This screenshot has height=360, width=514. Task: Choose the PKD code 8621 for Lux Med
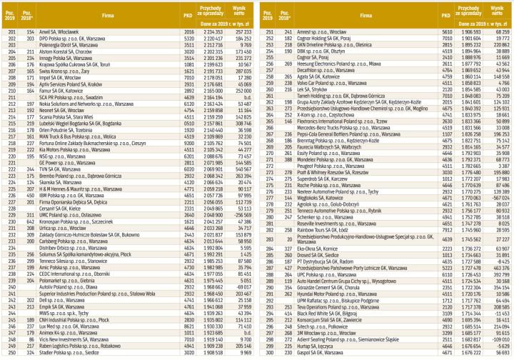tap(188, 326)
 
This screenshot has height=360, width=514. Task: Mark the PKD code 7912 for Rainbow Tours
tap(445, 251)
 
